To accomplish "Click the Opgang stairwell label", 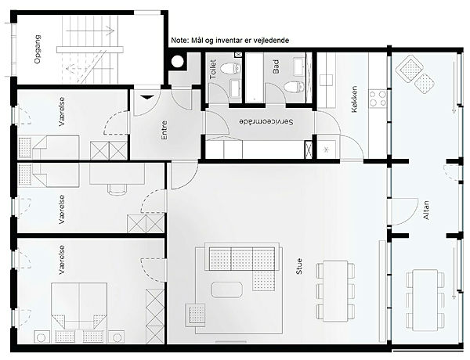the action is point(38,49).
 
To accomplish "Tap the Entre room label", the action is point(164,130).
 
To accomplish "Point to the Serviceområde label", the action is point(266,122).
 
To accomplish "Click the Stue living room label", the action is point(299,266).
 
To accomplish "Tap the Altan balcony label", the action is point(426,211).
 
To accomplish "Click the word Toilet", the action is point(213,69).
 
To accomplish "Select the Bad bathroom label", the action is point(276,67).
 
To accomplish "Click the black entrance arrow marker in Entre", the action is point(147,97).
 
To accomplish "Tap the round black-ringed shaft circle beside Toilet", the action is point(177,62).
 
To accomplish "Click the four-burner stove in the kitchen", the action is point(378,99).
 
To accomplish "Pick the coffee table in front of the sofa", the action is point(226,290).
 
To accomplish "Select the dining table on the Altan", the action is point(425,300).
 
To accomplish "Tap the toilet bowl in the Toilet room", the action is point(231,69).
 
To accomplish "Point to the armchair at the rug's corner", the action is point(195,315).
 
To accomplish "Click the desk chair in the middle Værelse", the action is point(117,189).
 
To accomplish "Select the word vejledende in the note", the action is point(271,41).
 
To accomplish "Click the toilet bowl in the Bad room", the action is point(294,88).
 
